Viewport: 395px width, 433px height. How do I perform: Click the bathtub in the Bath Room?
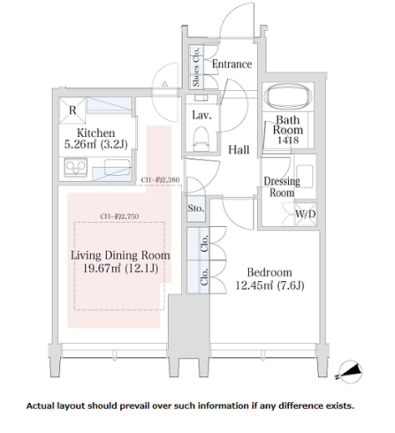pyautogui.click(x=288, y=96)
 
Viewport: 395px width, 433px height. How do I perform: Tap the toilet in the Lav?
pyautogui.click(x=201, y=138)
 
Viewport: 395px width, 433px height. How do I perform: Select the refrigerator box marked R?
pyautogui.click(x=73, y=110)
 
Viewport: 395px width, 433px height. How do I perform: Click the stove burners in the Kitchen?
pyautogui.click(x=75, y=167)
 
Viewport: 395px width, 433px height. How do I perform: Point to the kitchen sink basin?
pyautogui.click(x=117, y=168)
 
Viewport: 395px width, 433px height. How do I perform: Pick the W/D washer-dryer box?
pyautogui.click(x=306, y=214)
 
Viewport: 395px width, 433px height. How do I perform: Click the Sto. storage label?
pyautogui.click(x=195, y=208)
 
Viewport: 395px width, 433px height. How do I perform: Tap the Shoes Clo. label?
pyautogui.click(x=196, y=67)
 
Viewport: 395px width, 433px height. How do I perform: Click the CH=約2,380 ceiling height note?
pyautogui.click(x=160, y=179)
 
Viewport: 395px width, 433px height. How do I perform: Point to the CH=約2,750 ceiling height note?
pyautogui.click(x=119, y=216)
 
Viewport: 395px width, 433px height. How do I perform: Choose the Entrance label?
pyautogui.click(x=232, y=64)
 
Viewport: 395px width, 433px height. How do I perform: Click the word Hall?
pyautogui.click(x=239, y=150)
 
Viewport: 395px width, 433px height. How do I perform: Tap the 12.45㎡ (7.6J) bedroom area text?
pyautogui.click(x=270, y=285)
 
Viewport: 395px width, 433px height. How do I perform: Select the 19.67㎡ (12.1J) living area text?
pyautogui.click(x=121, y=269)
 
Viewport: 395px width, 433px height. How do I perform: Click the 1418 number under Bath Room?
pyautogui.click(x=288, y=140)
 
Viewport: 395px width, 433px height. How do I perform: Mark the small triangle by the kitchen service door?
pyautogui.click(x=165, y=83)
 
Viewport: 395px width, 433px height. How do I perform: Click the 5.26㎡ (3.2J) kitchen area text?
pyautogui.click(x=96, y=144)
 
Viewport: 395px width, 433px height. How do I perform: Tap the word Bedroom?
pyautogui.click(x=270, y=272)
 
